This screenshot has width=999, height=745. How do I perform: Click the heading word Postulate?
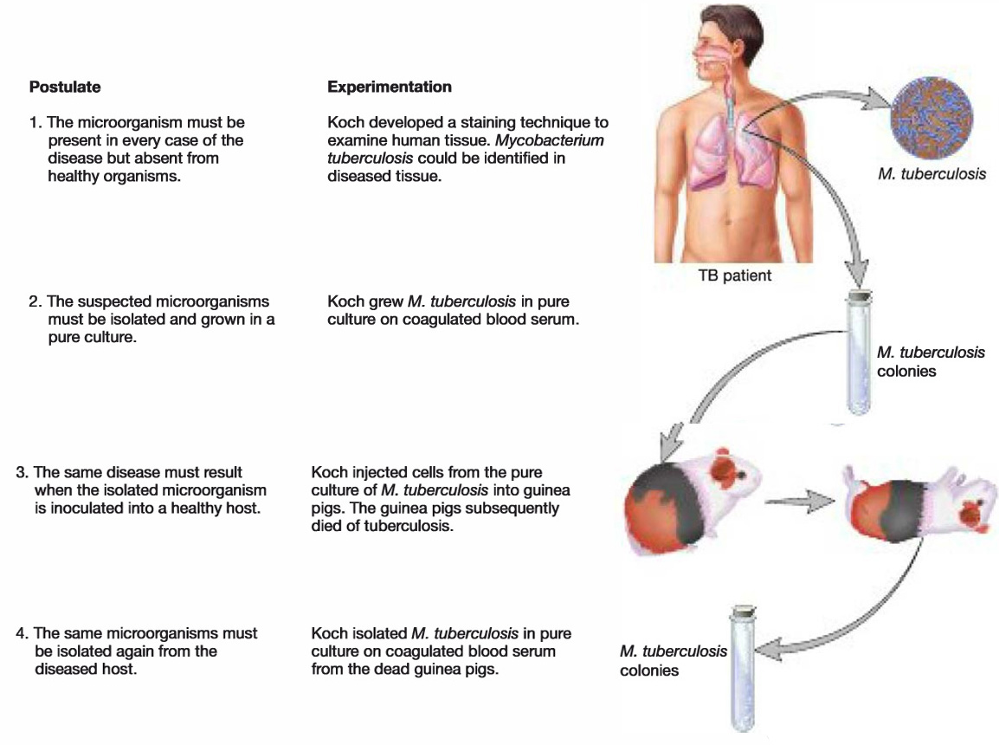(65, 87)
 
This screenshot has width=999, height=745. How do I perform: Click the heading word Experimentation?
(390, 87)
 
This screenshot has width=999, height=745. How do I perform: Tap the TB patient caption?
(735, 277)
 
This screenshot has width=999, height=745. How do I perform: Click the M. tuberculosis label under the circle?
(931, 174)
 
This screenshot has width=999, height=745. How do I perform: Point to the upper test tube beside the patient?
(859, 355)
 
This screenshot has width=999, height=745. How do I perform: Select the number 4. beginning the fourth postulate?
(23, 633)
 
